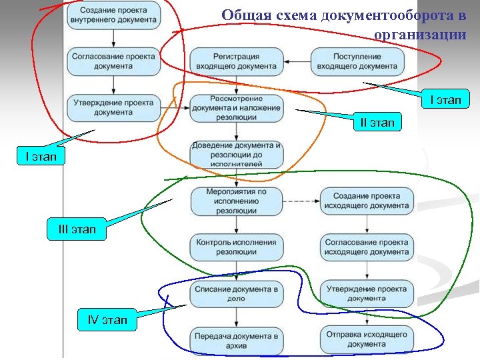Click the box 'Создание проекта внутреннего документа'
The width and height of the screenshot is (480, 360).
coord(114,15)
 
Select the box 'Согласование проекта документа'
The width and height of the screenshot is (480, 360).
coord(114,61)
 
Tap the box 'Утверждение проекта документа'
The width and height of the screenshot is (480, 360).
coord(114,107)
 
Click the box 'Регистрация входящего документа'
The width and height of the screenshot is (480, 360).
coord(236,61)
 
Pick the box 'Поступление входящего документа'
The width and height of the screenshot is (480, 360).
coord(358,61)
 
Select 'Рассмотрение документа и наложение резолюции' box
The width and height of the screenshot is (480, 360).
coord(236,107)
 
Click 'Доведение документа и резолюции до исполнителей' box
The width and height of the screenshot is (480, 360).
coord(236,154)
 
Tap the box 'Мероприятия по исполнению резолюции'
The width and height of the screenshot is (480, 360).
coord(236,201)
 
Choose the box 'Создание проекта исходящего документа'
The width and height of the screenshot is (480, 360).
coord(367,201)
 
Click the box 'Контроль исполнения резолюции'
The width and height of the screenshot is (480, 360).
coord(236,247)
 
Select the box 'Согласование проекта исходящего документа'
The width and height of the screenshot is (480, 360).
coord(367,247)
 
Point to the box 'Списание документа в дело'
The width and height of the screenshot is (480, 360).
coord(236,293)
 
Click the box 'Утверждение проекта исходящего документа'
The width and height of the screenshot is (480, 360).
coord(367,293)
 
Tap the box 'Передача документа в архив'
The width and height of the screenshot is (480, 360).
coord(236,340)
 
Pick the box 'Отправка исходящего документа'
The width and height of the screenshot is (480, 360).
coord(367,340)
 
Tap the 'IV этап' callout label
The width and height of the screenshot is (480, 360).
coord(107,320)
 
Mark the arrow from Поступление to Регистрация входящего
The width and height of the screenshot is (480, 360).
coord(297,61)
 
